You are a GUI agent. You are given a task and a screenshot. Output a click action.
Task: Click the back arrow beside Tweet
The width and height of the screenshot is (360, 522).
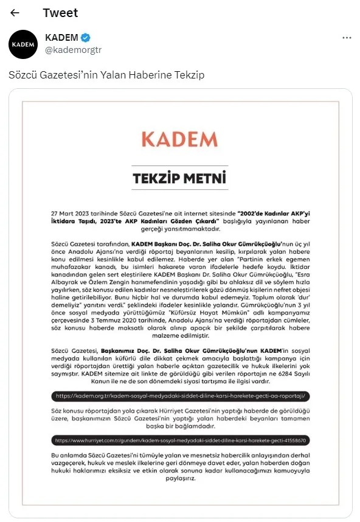coord(15,13)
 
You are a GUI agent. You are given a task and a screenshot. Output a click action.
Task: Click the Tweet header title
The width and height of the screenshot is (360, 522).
coord(60,13)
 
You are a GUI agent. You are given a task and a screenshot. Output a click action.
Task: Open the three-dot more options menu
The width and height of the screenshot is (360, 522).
coord(347,38)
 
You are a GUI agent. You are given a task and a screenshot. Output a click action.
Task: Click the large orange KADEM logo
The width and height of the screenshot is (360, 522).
coord(179,138)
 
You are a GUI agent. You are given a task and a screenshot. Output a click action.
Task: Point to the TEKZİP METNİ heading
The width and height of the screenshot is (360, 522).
coord(179,179)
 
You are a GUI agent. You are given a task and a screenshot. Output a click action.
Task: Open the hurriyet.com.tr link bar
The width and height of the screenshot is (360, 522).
coord(180,439)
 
